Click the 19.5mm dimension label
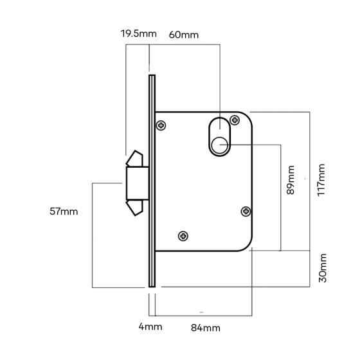point(139,33)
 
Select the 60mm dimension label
point(184,35)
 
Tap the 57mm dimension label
point(64,212)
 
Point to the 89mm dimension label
point(291,180)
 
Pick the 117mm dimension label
point(321,180)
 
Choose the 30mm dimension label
point(323,268)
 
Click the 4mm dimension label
point(150,327)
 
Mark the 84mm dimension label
point(206,328)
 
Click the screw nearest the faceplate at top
point(161,125)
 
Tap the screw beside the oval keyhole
point(235,120)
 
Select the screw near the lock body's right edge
point(246,212)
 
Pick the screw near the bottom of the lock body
point(183,236)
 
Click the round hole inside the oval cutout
point(219,145)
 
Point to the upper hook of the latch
point(135,158)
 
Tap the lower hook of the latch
point(135,208)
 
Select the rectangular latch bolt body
point(138,183)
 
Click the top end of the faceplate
point(152,75)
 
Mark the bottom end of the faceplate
point(152,287)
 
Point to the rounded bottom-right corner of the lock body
point(248,247)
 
